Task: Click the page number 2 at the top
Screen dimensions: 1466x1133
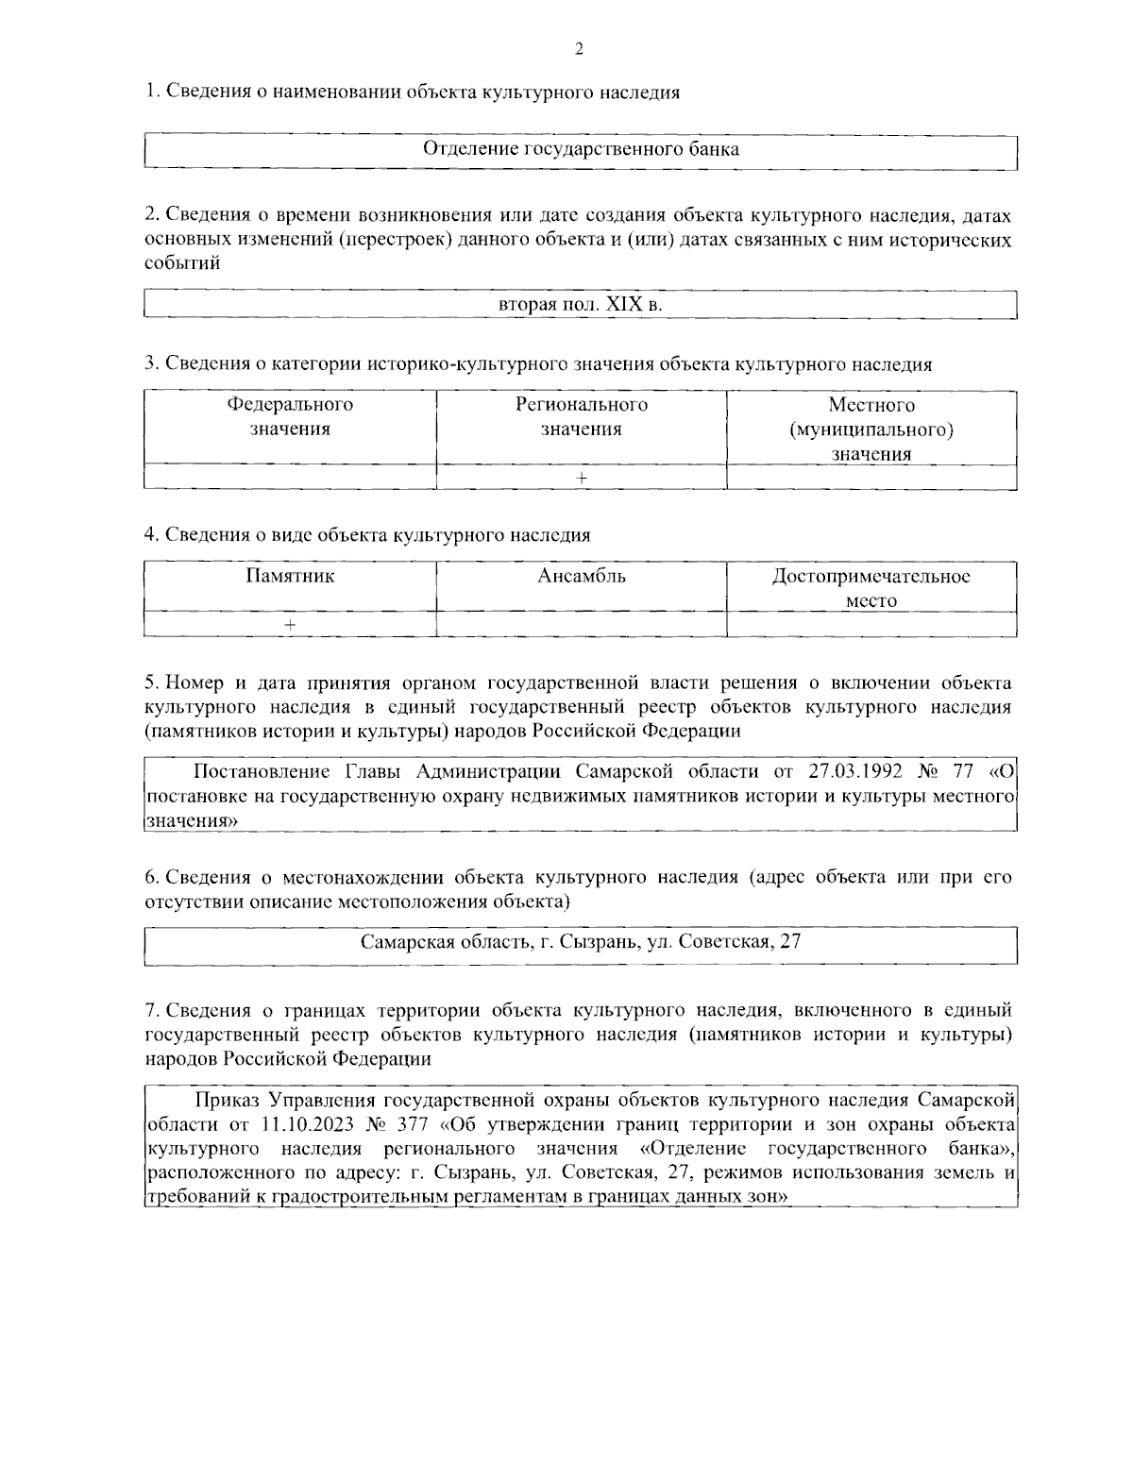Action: coord(579,50)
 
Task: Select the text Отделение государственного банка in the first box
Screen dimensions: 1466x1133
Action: coord(580,150)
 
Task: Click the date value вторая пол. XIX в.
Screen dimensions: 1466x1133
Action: coord(580,305)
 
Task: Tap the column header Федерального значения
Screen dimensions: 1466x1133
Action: coord(290,417)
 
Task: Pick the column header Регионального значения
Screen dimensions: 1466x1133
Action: coord(581,417)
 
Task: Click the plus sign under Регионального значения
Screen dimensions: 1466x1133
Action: coord(582,478)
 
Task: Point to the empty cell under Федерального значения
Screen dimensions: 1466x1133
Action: coord(290,478)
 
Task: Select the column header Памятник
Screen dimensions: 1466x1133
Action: coord(290,576)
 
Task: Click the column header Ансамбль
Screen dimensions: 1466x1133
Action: coord(581,576)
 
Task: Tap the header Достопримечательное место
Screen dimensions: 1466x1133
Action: coord(871,588)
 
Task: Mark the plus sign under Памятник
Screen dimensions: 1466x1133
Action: coord(290,625)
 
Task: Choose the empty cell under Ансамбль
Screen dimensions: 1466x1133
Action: coord(581,625)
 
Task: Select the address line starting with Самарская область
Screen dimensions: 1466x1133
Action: coord(580,942)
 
